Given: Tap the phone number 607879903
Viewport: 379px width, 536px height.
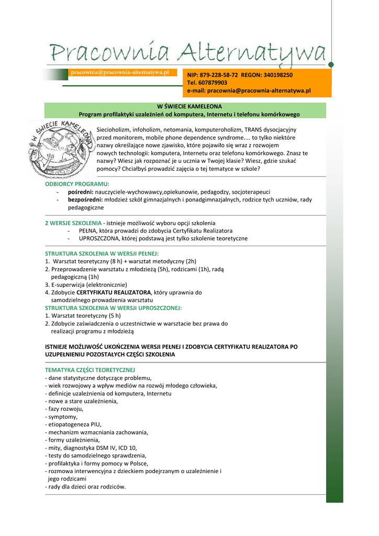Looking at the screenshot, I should pyautogui.click(x=215, y=83).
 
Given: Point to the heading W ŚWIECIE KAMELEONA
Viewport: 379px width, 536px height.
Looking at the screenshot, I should pyautogui.click(x=189, y=106).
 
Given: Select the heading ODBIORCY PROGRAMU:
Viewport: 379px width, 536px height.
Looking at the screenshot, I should pyautogui.click(x=77, y=184).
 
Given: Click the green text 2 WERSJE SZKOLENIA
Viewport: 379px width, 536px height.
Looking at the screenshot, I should pyautogui.click(x=73, y=223).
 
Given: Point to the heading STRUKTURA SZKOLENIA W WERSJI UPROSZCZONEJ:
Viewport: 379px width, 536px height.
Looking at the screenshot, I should pyautogui.click(x=113, y=308).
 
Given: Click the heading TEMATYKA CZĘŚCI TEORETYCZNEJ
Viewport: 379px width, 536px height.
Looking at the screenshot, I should pyautogui.click(x=90, y=370).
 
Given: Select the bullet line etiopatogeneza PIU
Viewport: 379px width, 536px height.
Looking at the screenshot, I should pyautogui.click(x=74, y=425).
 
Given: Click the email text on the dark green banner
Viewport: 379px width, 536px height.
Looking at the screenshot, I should pyautogui.click(x=120, y=72).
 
